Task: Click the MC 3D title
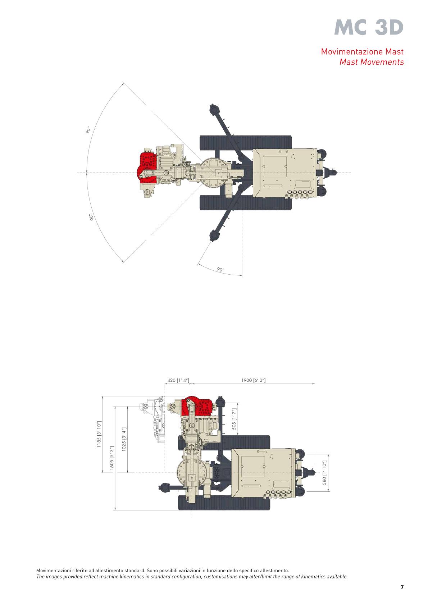[369, 28]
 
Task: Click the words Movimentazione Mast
[362, 51]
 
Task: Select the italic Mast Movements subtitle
[372, 62]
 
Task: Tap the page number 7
[402, 587]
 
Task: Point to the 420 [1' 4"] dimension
[178, 381]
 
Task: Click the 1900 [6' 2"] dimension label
[253, 381]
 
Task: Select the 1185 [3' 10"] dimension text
[99, 434]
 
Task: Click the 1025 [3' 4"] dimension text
[124, 439]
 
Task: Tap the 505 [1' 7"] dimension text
[234, 419]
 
